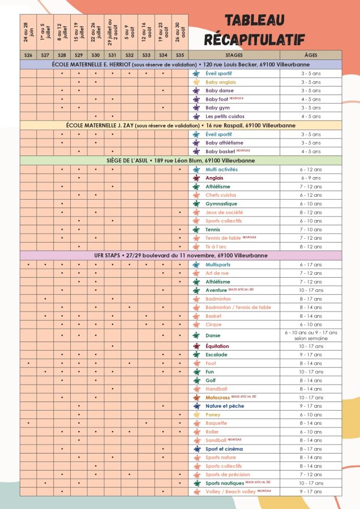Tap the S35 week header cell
pyautogui.click(x=179, y=55)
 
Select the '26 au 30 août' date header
pyautogui.click(x=179, y=33)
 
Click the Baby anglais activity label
pyautogui.click(x=221, y=82)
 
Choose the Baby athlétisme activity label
pyautogui.click(x=225, y=143)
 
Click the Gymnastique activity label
pyautogui.click(x=221, y=204)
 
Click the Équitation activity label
pyautogui.click(x=218, y=346)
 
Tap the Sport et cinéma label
pyautogui.click(x=224, y=449)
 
